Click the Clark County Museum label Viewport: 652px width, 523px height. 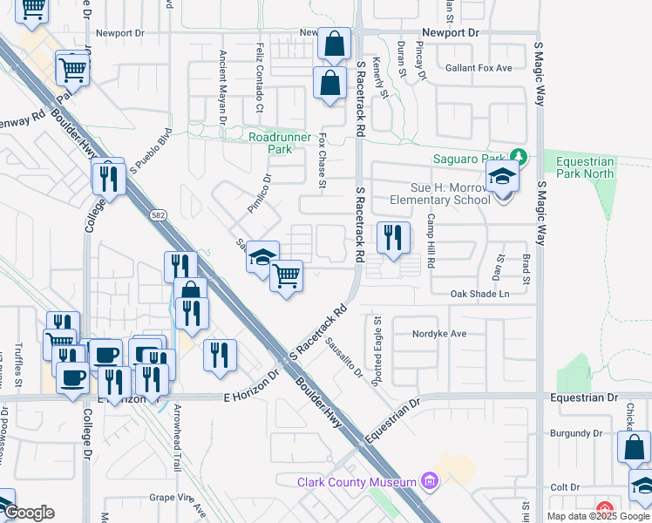[x=357, y=482]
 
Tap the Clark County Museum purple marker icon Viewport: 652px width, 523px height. [x=428, y=480]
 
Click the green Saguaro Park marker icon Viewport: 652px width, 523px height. [x=520, y=158]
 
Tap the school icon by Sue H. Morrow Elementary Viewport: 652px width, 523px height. [x=502, y=178]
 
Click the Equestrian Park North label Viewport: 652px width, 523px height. [x=582, y=167]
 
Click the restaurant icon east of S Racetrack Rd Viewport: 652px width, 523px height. [x=393, y=237]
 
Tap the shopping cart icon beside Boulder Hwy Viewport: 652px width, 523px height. [x=286, y=276]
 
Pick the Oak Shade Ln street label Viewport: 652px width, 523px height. [x=479, y=294]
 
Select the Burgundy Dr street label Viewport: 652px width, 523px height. [x=576, y=432]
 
